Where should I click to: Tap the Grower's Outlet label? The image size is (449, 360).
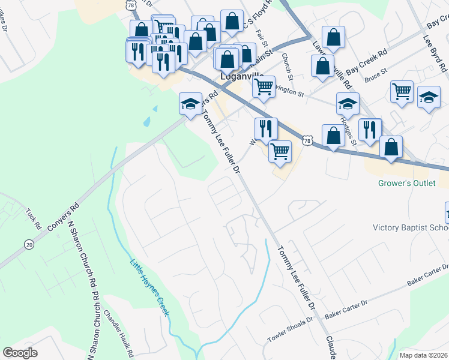(406, 183)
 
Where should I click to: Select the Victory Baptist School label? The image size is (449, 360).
(411, 227)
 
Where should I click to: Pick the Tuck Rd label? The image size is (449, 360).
(34, 218)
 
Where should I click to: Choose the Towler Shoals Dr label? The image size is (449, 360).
(291, 330)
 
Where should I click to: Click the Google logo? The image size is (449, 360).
(20, 353)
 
